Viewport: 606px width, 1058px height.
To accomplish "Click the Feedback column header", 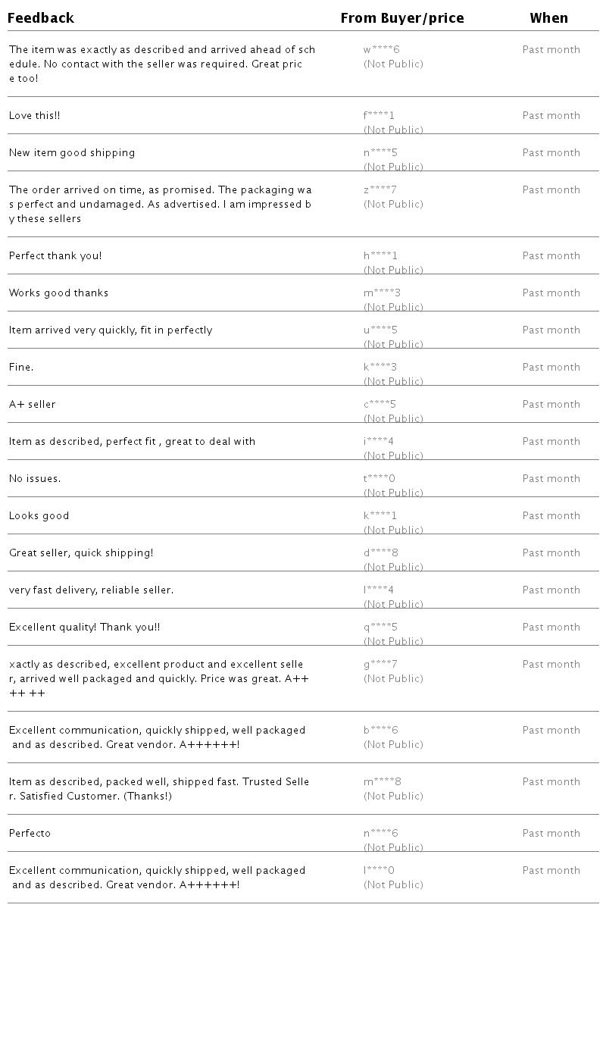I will click(41, 18).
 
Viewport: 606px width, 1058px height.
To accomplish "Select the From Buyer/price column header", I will click(402, 18).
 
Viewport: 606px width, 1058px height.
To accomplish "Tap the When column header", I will click(549, 18).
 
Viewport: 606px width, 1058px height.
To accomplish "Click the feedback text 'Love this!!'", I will click(34, 116).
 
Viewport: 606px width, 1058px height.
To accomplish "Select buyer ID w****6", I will click(381, 50).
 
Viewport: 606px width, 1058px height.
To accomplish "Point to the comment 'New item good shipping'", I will click(72, 153).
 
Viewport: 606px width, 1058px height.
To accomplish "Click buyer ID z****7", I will click(380, 190).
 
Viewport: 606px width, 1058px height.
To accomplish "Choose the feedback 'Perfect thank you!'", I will click(55, 256).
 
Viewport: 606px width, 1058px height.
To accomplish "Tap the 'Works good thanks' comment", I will click(58, 293).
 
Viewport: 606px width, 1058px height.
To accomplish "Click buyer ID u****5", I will click(380, 330).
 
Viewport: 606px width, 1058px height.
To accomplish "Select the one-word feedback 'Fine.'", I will click(21, 368).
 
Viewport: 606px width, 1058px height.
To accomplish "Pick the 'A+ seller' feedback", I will click(32, 405).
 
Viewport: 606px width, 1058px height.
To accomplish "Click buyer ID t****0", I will click(380, 479).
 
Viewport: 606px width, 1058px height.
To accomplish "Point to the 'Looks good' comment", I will click(39, 516).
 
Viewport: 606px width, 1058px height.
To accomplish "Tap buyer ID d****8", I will click(381, 553).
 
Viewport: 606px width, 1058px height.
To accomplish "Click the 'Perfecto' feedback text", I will click(30, 834).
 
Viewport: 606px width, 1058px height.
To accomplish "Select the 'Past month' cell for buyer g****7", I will click(551, 665).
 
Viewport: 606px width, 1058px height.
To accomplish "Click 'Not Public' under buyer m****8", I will click(393, 797).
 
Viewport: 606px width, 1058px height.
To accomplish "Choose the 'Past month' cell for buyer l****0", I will click(551, 871).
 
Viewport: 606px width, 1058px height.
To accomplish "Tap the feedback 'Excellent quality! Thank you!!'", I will click(84, 628).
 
